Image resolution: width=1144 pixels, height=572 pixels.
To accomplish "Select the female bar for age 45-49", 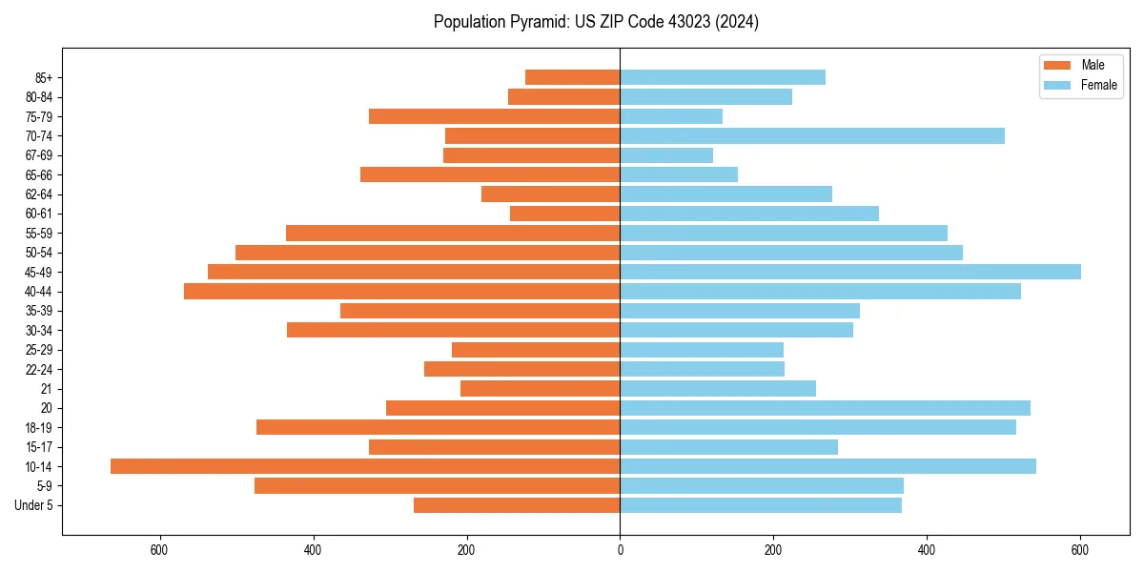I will pyautogui.click(x=850, y=272).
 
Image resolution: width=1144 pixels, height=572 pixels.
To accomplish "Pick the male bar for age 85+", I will pyautogui.click(x=572, y=77).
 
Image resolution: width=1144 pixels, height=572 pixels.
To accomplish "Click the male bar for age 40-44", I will pyautogui.click(x=401, y=291).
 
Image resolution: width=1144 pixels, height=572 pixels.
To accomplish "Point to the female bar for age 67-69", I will pyautogui.click(x=666, y=155).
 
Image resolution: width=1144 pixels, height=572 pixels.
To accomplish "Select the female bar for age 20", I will pyautogui.click(x=825, y=408).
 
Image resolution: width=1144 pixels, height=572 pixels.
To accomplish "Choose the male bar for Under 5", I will pyautogui.click(x=517, y=505).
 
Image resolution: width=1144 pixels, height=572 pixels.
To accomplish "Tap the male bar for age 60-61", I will pyautogui.click(x=564, y=214).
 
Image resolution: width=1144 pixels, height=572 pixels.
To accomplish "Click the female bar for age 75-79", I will pyautogui.click(x=671, y=116).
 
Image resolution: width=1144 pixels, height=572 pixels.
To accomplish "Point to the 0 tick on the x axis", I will pyautogui.click(x=620, y=550).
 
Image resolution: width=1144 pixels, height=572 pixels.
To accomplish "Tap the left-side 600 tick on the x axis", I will pyautogui.click(x=159, y=550).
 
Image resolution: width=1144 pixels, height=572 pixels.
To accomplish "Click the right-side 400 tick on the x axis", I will pyautogui.click(x=927, y=550).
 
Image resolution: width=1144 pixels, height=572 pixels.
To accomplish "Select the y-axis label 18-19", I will pyautogui.click(x=39, y=427).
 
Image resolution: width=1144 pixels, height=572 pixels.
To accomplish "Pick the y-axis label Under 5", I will pyautogui.click(x=33, y=505).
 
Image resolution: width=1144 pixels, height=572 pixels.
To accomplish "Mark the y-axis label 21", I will pyautogui.click(x=46, y=389).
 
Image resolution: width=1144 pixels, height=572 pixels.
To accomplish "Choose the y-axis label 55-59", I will pyautogui.click(x=39, y=233).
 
